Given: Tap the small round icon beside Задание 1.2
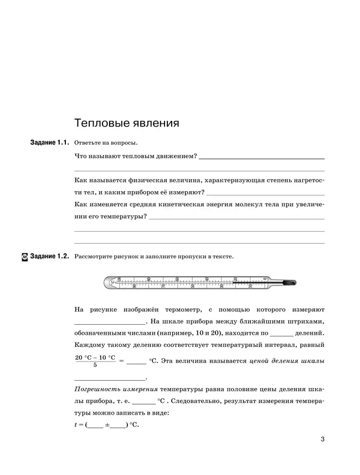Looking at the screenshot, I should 24,257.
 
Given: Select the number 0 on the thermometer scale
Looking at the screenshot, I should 265,279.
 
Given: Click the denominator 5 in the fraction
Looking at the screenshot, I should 95,365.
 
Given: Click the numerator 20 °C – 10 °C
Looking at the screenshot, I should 95,357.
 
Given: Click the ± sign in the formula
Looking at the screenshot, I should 106,425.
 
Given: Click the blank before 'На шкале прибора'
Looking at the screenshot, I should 109,322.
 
